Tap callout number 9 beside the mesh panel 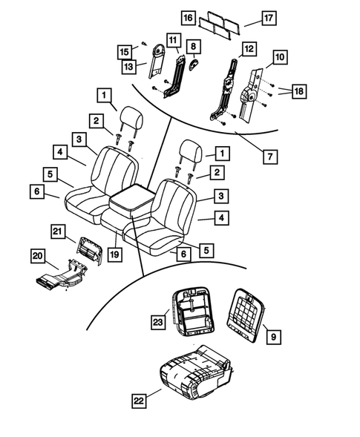tap(273, 337)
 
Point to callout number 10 tap(279, 56)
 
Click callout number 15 tap(125, 51)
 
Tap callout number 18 tap(300, 91)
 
